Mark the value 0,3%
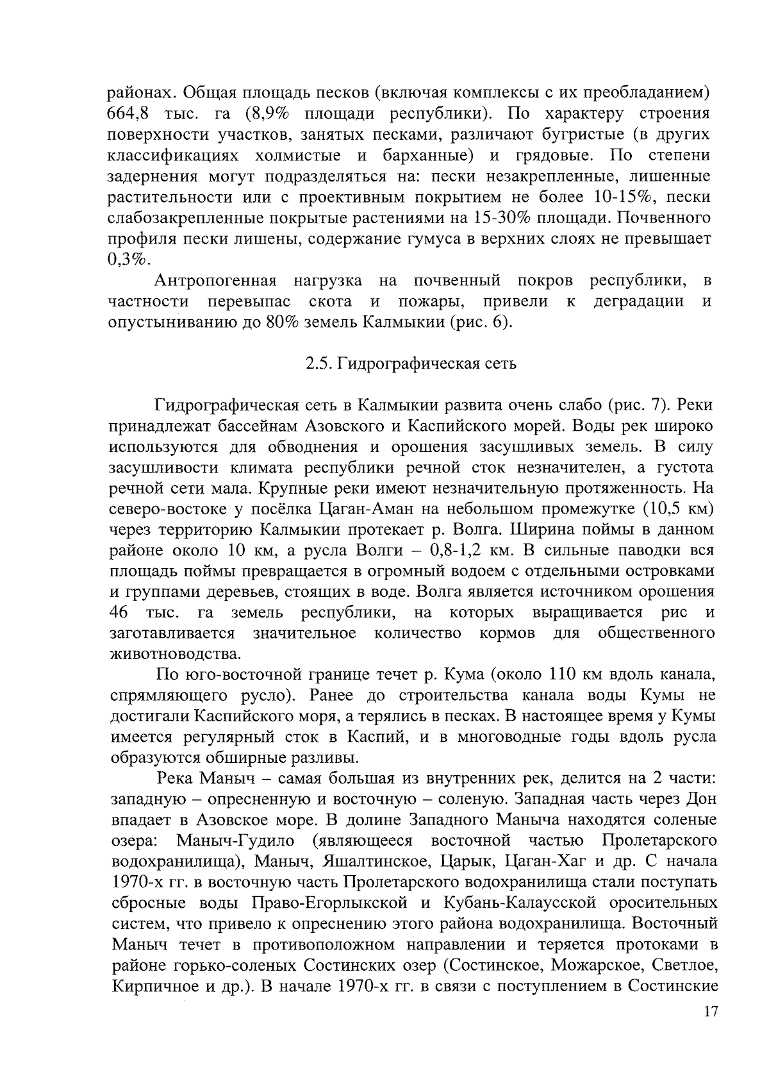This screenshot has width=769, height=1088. (129, 259)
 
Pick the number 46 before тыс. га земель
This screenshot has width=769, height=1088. (120, 613)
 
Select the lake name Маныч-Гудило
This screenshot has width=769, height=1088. (235, 841)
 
